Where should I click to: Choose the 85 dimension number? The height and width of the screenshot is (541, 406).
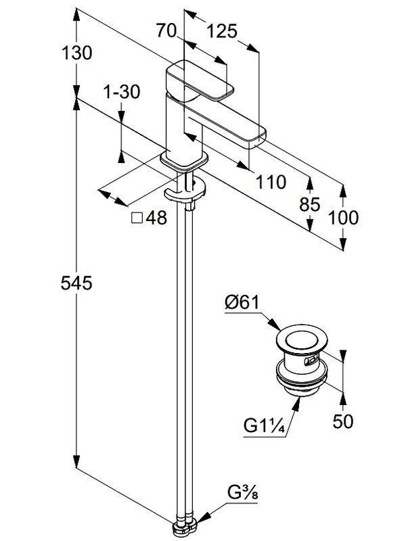pyautogui.click(x=311, y=205)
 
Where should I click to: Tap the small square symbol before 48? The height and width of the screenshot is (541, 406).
pyautogui.click(x=136, y=218)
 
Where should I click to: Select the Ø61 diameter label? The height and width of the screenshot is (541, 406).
pyautogui.click(x=242, y=303)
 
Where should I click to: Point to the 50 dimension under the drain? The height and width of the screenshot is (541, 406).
pyautogui.click(x=344, y=421)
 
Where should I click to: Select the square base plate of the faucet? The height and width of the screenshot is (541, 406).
pyautogui.click(x=183, y=161)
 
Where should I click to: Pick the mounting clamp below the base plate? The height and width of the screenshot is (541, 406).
pyautogui.click(x=184, y=193)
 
